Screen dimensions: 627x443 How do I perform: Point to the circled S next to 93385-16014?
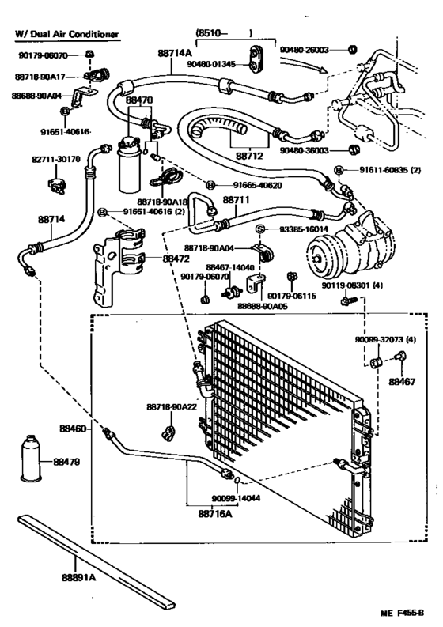[258, 229]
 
